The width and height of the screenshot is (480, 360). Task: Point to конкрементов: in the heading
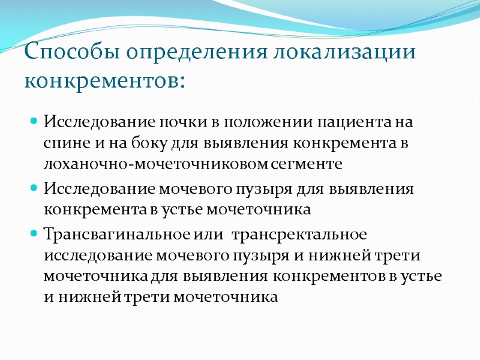(104, 80)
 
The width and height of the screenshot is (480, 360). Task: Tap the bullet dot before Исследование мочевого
(34, 188)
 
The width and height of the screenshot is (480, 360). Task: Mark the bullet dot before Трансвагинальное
(34, 232)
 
